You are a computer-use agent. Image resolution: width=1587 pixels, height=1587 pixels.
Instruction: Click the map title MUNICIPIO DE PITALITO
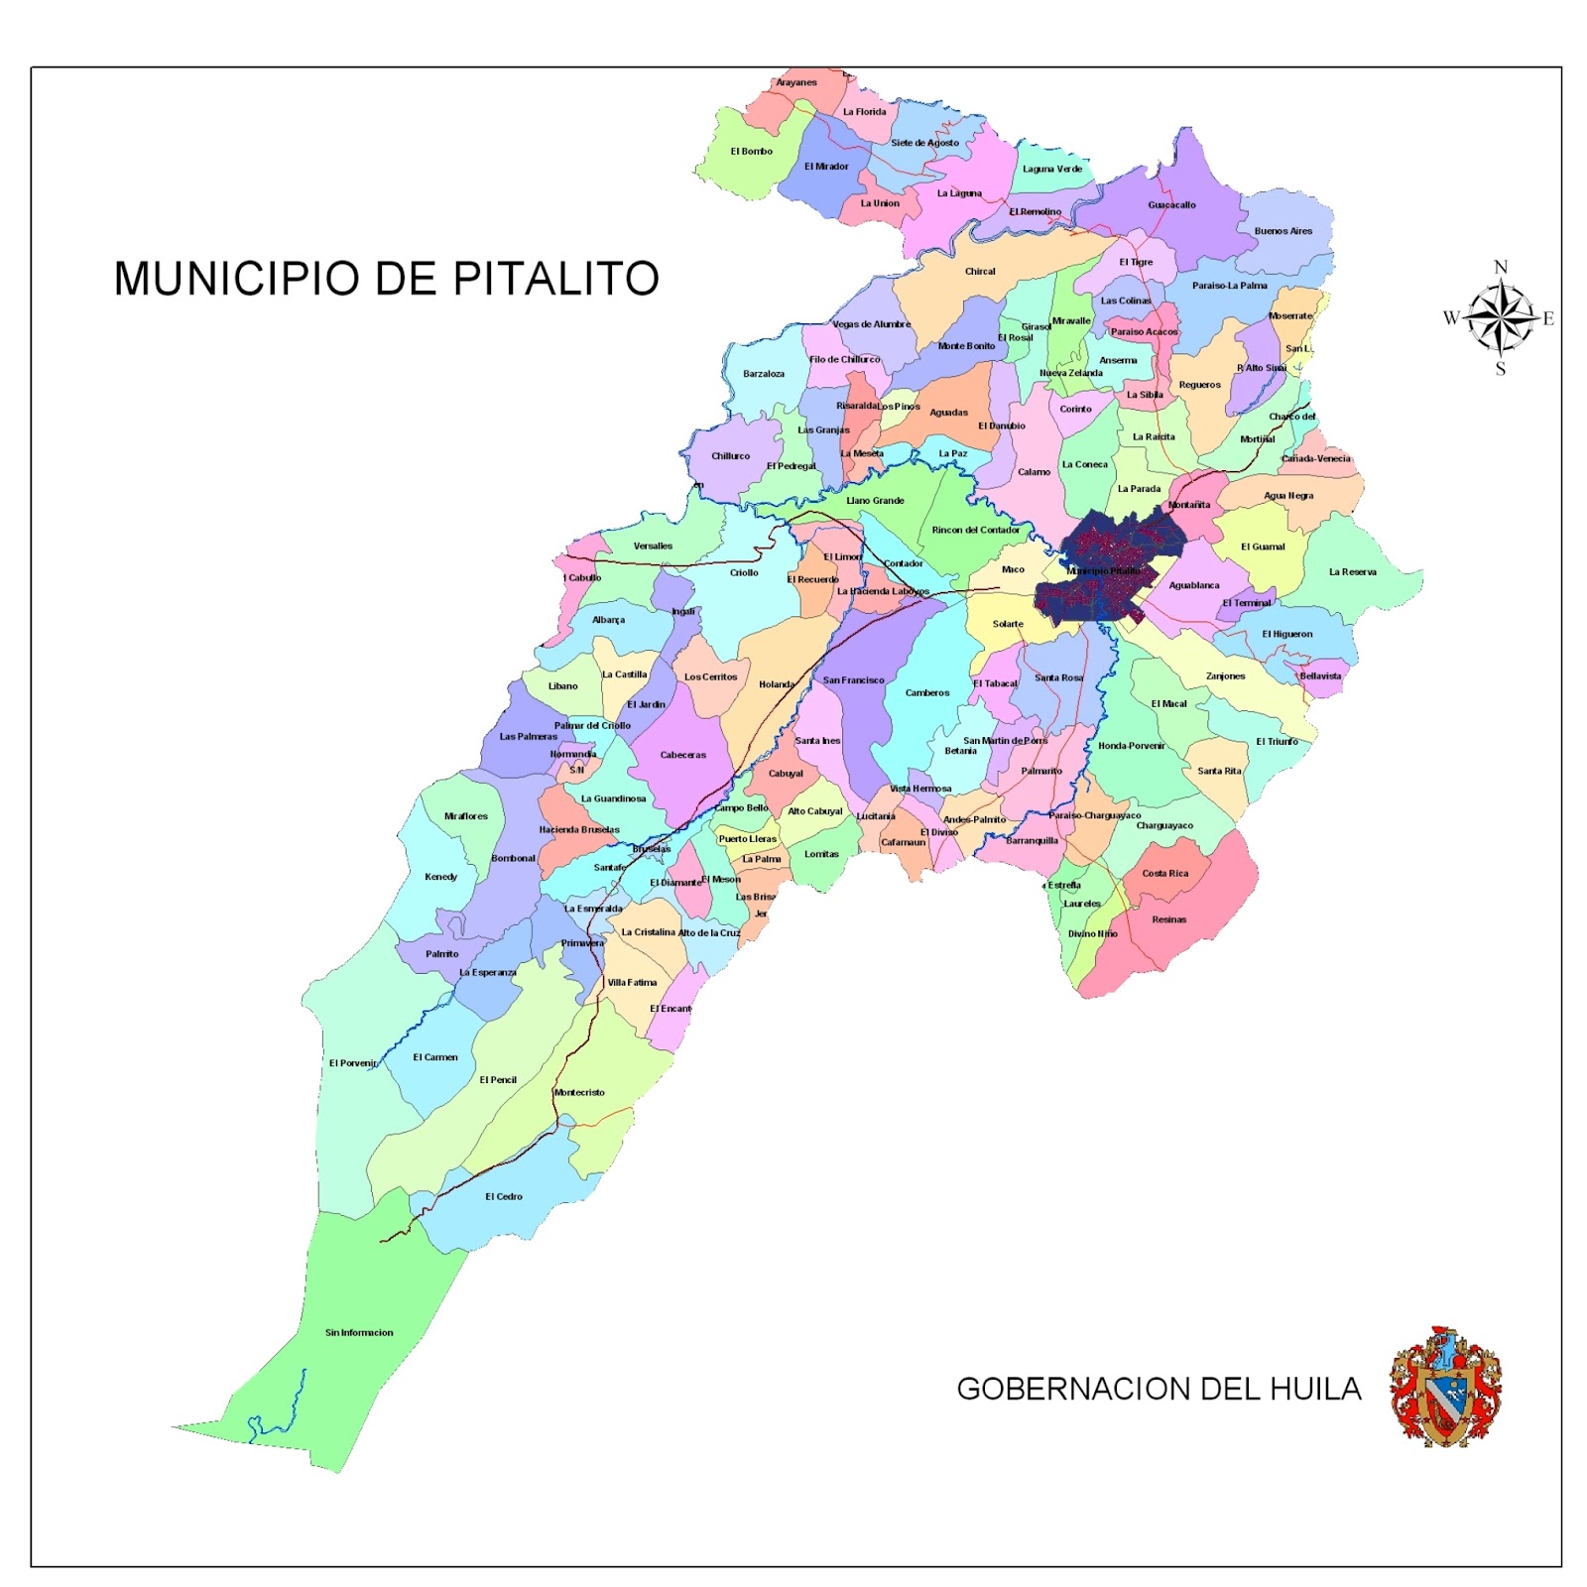[386, 279]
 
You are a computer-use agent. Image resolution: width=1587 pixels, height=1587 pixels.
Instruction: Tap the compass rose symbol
[1501, 318]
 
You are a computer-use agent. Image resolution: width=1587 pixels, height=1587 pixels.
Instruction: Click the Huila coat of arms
[1445, 1387]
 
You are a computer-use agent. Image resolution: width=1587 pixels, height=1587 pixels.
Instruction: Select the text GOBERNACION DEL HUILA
[1158, 1389]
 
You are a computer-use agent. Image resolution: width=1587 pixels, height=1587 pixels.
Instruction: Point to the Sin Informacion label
[359, 1332]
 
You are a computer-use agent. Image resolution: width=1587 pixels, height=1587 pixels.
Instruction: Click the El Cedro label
[503, 1196]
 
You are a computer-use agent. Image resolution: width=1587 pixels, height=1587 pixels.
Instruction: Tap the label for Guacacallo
[1171, 205]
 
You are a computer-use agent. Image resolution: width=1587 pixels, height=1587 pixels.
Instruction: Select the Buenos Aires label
[1282, 231]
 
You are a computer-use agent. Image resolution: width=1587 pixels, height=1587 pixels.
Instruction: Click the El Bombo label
[751, 152]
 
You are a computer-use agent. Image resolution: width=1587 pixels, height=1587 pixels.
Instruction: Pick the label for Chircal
[980, 271]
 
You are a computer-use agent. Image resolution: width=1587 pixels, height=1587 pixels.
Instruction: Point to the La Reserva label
[1352, 572]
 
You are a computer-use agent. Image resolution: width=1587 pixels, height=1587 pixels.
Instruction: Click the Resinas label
[1168, 919]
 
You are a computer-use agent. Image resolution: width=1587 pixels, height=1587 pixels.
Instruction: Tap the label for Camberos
[927, 693]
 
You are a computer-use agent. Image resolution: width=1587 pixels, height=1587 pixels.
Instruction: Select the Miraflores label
[465, 816]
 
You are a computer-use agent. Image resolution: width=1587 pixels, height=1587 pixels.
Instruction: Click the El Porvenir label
[353, 1063]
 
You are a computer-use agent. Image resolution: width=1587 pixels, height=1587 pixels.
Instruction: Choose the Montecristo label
[579, 1092]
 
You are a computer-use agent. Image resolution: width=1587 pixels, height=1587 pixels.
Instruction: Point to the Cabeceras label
[682, 755]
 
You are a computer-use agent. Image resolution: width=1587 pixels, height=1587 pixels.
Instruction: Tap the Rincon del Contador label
[975, 530]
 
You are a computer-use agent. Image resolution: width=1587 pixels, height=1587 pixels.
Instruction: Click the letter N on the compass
[1501, 267]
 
